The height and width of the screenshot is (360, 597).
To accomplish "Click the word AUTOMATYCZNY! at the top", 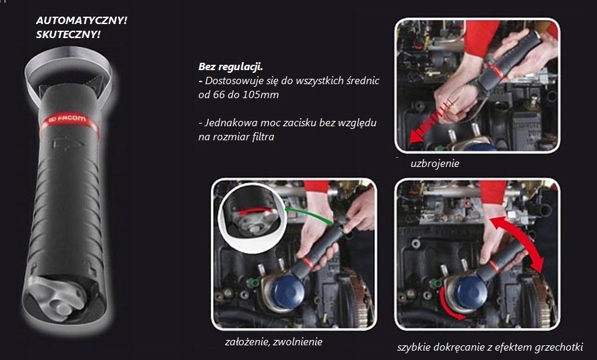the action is pos(81,21).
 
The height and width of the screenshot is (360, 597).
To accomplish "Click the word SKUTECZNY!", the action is pos(68,35).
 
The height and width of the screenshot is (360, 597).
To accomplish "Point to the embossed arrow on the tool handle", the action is pos(68,144).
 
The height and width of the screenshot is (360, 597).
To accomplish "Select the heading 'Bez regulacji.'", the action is pos(231,67).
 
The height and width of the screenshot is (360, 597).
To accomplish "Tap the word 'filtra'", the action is pos(262,137).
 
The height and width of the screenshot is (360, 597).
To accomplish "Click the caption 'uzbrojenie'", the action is pos(435,164).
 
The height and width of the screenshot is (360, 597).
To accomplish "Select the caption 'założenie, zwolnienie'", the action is pos(273,342).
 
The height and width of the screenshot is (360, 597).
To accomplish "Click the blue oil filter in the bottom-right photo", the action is pos(473,291).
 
